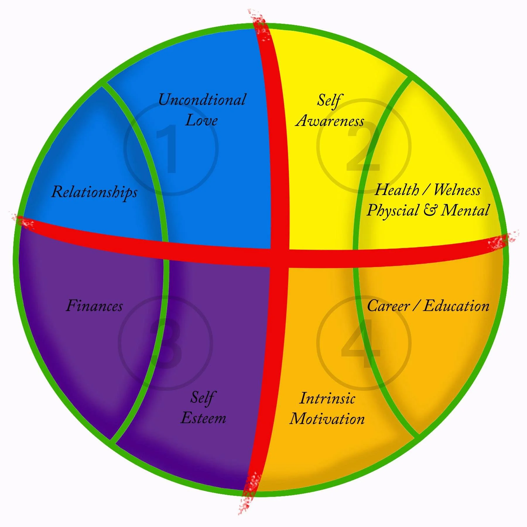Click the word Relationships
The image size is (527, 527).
[94, 192]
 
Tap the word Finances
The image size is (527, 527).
[94, 306]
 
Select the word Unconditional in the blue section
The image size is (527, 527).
[202, 100]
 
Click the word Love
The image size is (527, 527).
[201, 120]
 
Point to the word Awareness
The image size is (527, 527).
[330, 120]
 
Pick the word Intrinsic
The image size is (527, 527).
[327, 398]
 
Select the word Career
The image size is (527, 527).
[388, 306]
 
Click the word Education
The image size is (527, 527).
[456, 306]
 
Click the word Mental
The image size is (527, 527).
[465, 210]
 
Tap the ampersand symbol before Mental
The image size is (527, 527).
[430, 210]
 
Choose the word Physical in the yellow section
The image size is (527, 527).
[393, 211]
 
